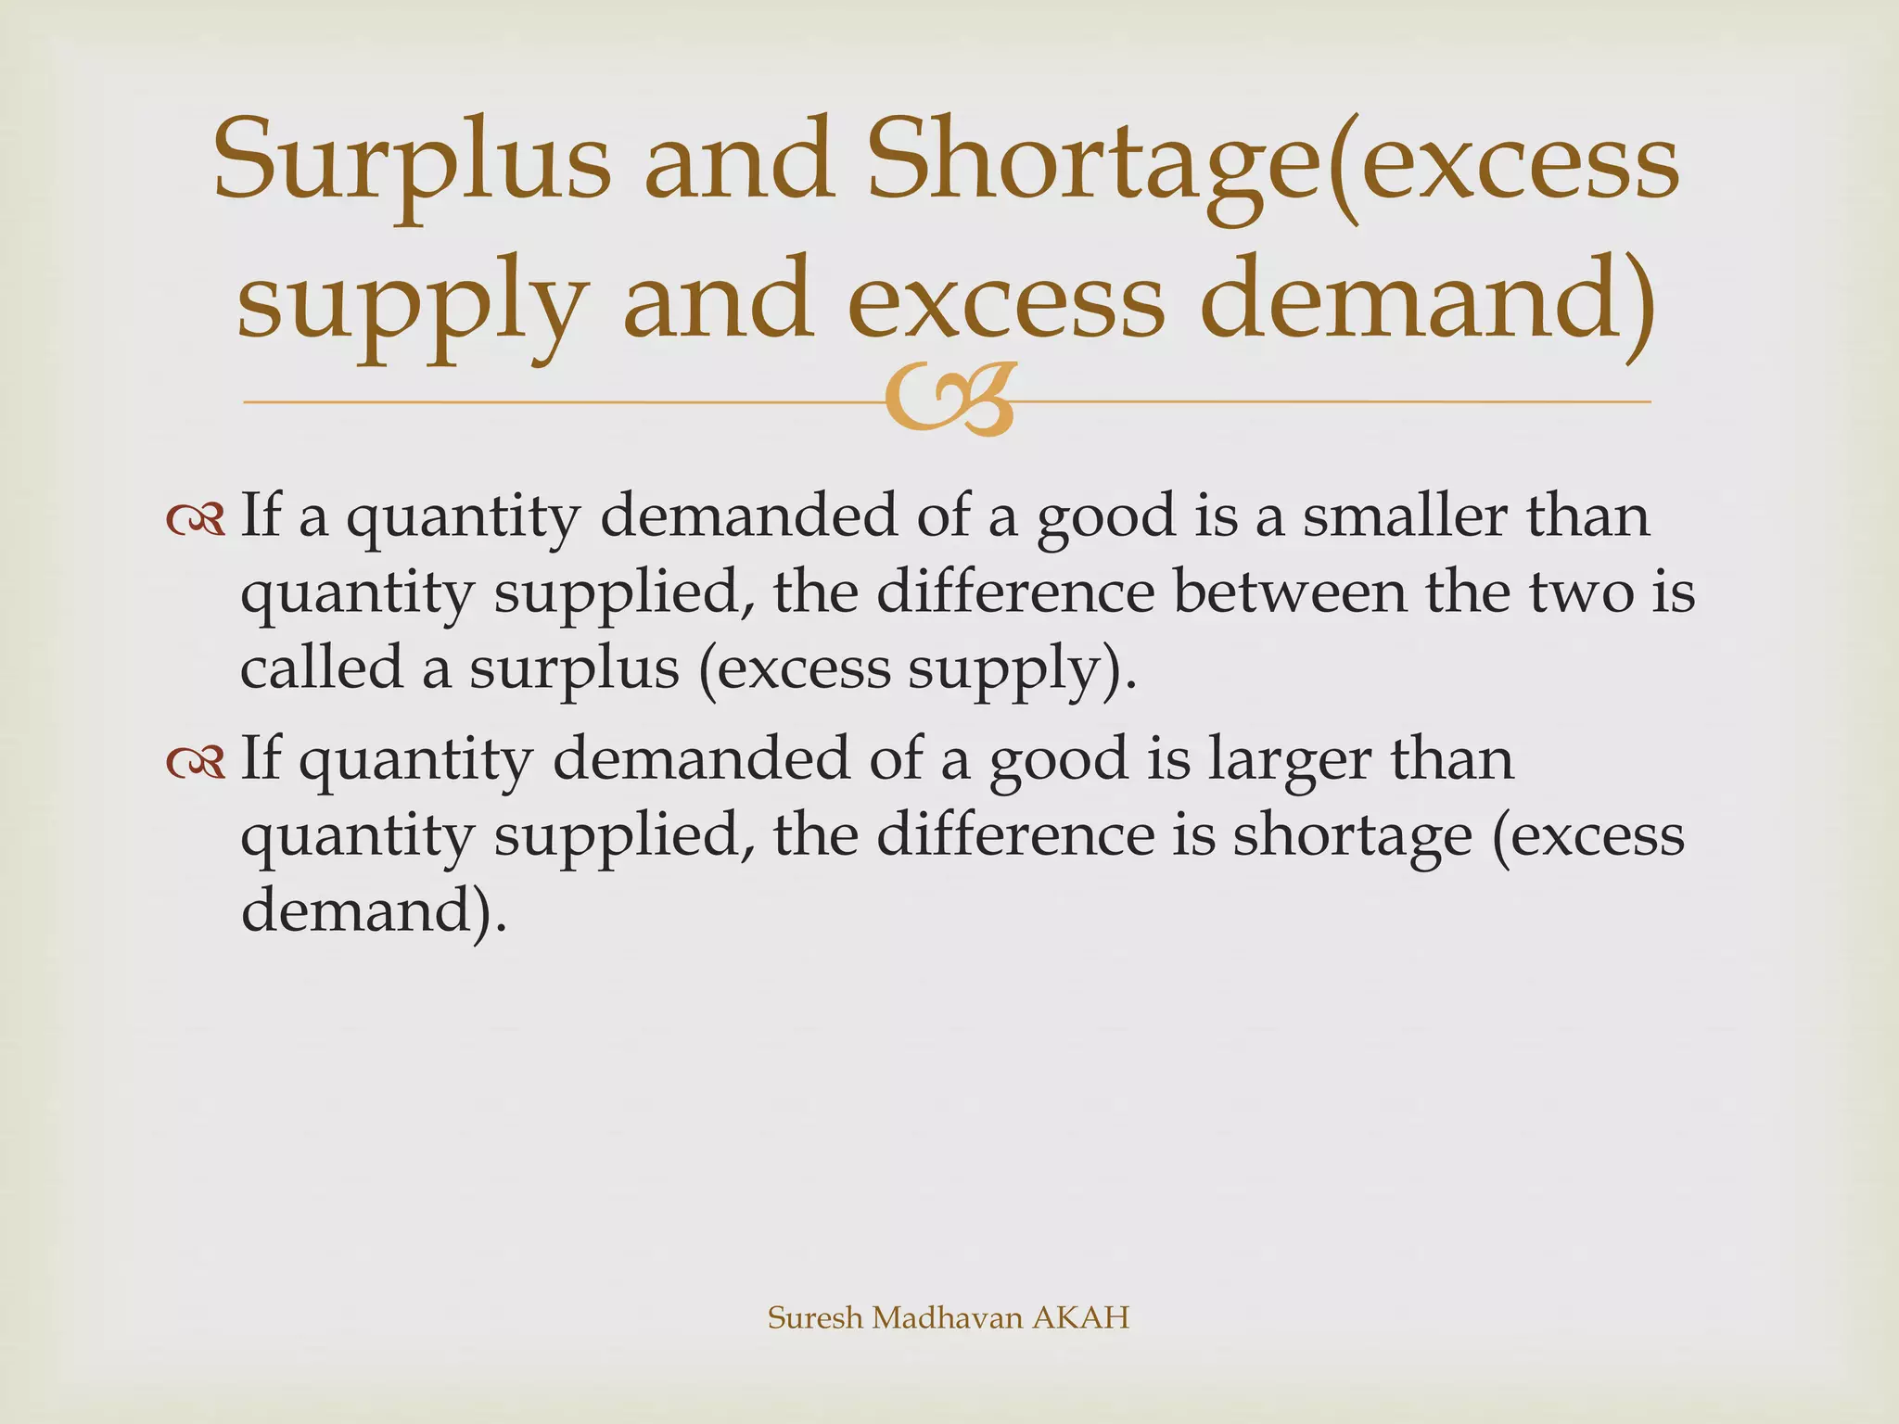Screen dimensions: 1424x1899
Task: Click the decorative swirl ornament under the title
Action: (948, 400)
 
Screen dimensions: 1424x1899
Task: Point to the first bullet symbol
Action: (196, 520)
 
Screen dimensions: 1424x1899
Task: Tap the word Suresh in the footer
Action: (815, 1317)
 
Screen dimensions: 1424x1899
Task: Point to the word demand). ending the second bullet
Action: (375, 910)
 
